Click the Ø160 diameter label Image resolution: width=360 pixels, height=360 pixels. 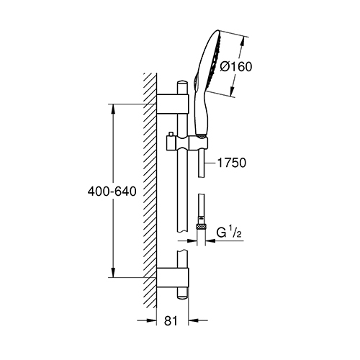click(x=236, y=66)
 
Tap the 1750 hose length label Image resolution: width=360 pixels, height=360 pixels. click(x=232, y=163)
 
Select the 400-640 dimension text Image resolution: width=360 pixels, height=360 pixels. click(x=112, y=192)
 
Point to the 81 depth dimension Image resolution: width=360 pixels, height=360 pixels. click(x=171, y=320)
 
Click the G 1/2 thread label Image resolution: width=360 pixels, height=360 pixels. click(x=229, y=233)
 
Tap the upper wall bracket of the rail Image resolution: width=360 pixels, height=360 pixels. click(x=173, y=104)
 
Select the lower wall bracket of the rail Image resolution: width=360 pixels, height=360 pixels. click(x=173, y=278)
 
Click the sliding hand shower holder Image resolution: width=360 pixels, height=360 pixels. click(x=186, y=143)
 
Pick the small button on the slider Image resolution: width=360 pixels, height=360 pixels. click(x=171, y=134)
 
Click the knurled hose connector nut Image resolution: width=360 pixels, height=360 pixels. click(x=202, y=226)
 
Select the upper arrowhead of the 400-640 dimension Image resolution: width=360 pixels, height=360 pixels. click(x=113, y=110)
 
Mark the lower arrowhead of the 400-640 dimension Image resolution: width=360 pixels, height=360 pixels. click(x=113, y=271)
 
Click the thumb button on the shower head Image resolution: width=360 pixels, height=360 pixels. click(x=197, y=81)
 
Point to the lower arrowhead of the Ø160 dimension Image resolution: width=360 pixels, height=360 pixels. click(x=232, y=91)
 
